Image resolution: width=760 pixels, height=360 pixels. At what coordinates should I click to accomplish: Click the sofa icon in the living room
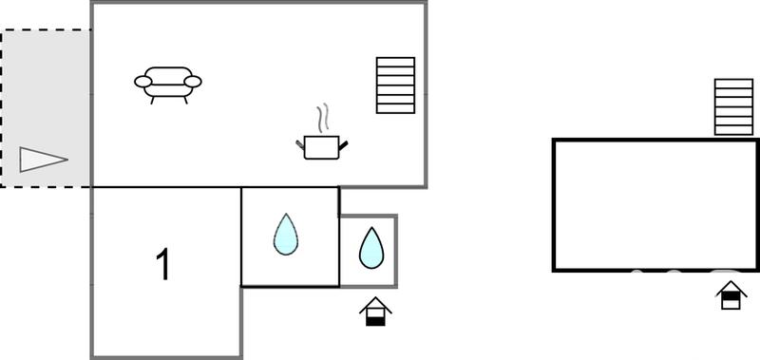168,84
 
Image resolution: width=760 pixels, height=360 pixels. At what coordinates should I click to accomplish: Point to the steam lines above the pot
325,118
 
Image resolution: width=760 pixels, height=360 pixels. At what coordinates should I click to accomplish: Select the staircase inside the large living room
395,85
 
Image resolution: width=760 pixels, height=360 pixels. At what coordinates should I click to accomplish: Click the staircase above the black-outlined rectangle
732,108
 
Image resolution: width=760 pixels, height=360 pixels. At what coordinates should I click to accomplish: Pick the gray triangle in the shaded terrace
43,160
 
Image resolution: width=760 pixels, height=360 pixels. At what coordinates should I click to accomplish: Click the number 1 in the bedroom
163,265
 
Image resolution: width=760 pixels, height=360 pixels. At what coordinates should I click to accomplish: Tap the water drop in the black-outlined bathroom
285,234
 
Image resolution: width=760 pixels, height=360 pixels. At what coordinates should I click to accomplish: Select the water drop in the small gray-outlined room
370,248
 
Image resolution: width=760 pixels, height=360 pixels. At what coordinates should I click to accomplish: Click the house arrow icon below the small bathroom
377,312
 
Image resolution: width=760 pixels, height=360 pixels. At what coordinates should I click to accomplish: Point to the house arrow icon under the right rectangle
731,295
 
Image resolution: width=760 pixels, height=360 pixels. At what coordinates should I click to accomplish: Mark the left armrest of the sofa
142,82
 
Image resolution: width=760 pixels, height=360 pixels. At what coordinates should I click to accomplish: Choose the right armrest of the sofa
194,82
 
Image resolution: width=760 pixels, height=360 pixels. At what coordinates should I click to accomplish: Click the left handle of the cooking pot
301,143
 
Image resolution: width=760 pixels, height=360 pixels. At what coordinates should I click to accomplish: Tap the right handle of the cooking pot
345,143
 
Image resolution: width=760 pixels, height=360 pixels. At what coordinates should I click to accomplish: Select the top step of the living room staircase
395,63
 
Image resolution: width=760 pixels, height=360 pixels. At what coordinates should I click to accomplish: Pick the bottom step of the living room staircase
395,108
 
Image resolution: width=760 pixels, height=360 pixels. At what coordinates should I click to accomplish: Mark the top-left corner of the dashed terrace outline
2,30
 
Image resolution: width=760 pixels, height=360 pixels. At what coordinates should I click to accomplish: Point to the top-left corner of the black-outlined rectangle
555,141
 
